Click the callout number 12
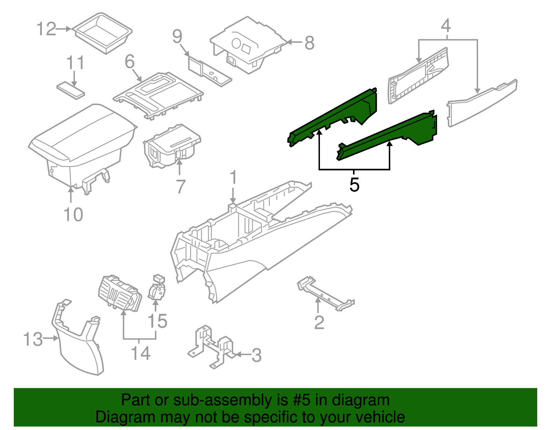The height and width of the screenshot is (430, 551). (46, 29)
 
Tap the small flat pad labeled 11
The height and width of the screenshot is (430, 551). (71, 90)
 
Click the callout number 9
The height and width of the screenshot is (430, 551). (177, 36)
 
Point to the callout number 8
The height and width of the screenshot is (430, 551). (309, 43)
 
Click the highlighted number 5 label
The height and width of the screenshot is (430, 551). (354, 185)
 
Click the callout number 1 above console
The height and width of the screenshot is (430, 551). (233, 178)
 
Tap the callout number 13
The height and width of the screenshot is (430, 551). (33, 339)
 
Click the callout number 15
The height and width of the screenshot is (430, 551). (157, 321)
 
